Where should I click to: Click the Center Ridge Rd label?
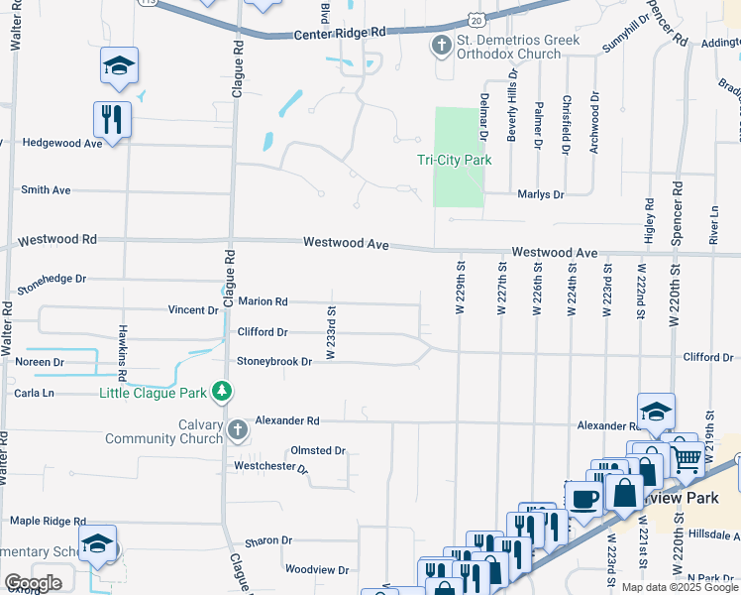pyautogui.click(x=339, y=33)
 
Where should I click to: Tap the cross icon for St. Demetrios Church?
pyautogui.click(x=441, y=45)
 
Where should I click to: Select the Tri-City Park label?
pyautogui.click(x=454, y=159)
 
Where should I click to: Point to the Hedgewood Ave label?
pyautogui.click(x=62, y=143)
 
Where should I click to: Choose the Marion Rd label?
pyautogui.click(x=262, y=301)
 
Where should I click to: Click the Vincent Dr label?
pyautogui.click(x=192, y=310)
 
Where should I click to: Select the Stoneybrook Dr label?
pyautogui.click(x=273, y=362)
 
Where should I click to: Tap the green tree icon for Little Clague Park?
pyautogui.click(x=223, y=393)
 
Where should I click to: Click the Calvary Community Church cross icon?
pyautogui.click(x=237, y=429)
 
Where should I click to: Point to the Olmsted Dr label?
pyautogui.click(x=317, y=450)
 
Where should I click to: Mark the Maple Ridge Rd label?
pyautogui.click(x=49, y=521)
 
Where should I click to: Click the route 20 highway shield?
pyautogui.click(x=477, y=19)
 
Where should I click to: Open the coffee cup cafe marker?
pyautogui.click(x=583, y=498)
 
